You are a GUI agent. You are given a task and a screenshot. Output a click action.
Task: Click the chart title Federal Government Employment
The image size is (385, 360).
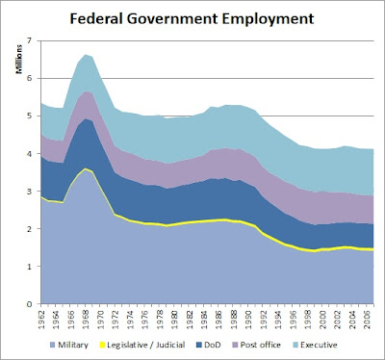click(192, 17)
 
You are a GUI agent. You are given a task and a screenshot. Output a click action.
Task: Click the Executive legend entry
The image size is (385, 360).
click(350, 345)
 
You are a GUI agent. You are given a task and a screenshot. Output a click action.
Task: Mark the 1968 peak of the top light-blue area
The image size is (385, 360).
click(87, 55)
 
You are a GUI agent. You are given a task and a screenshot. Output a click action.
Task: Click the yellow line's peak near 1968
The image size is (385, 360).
click(87, 169)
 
